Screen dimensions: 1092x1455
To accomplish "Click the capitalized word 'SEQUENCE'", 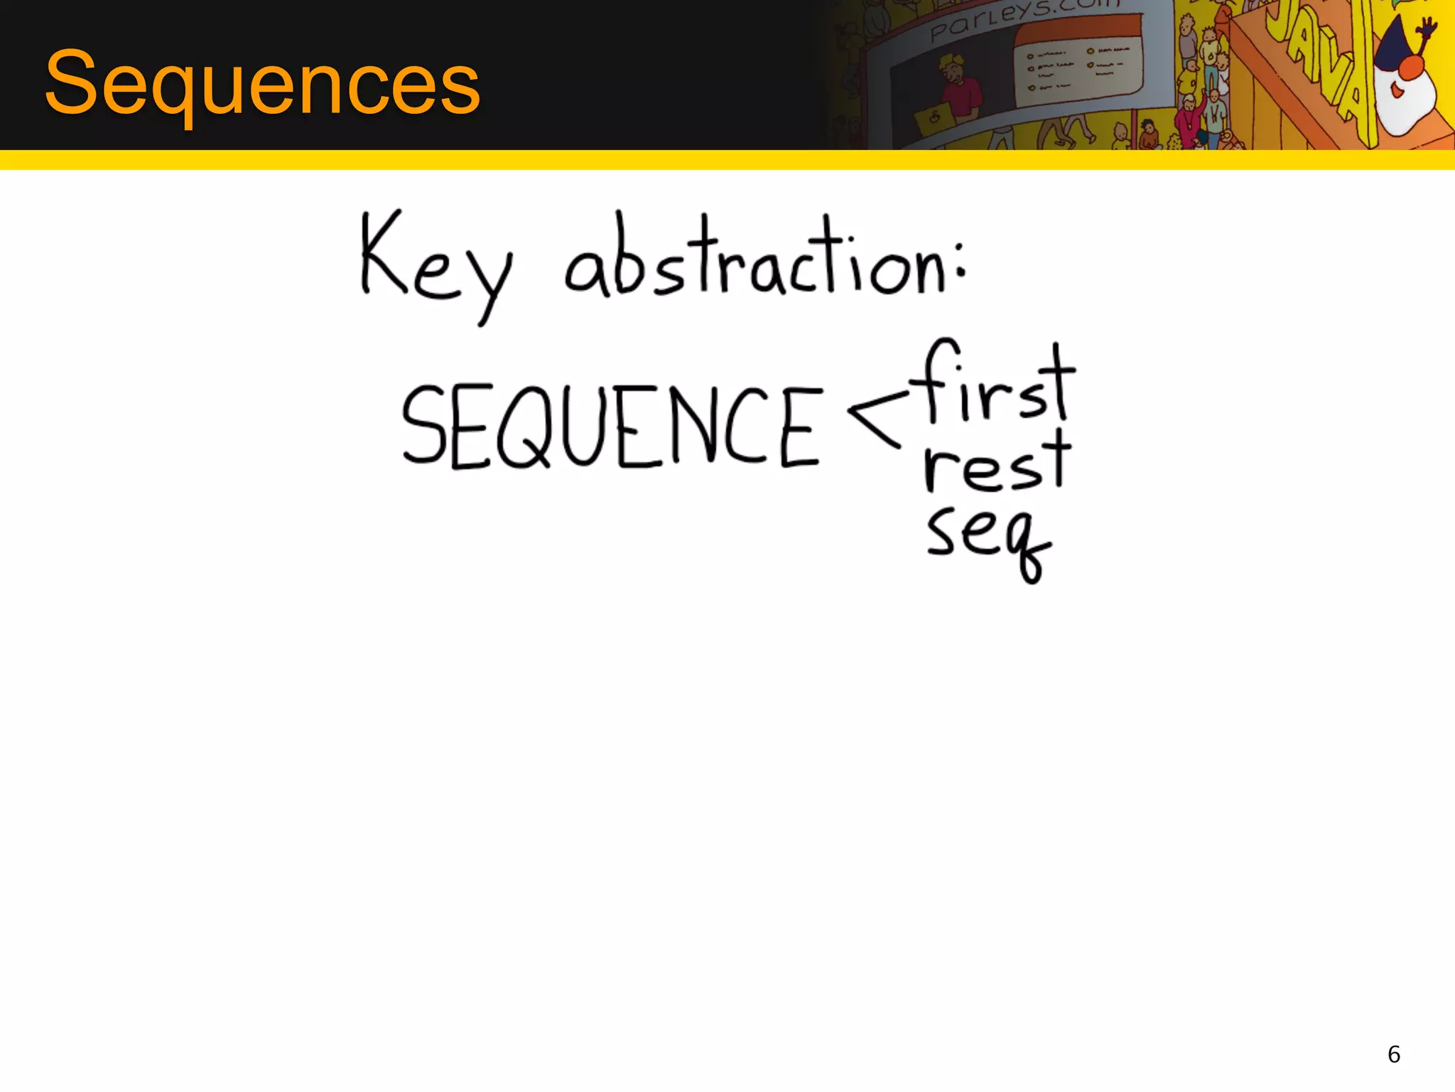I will (611, 427).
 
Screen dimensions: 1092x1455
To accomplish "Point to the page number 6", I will (1393, 1054).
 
